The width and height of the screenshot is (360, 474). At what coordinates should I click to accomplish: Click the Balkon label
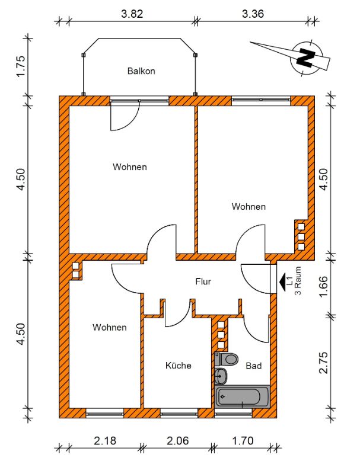tap(141, 71)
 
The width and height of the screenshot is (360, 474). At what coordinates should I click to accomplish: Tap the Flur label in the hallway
tap(203, 282)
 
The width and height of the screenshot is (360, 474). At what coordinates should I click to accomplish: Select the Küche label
tap(178, 366)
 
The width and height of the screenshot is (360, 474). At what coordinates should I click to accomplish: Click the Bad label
tap(253, 366)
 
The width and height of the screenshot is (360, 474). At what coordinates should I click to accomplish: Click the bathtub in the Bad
tap(242, 396)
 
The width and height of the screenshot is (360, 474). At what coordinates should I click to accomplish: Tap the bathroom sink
tap(221, 376)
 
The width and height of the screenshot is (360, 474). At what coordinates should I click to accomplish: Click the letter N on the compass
tap(305, 57)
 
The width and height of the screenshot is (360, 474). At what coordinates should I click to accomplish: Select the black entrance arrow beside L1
tap(282, 282)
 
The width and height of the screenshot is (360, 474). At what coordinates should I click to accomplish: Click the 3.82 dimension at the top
tap(132, 14)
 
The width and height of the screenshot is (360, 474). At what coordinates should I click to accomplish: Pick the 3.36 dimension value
tap(253, 14)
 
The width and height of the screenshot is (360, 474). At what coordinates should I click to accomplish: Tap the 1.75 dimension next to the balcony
tap(20, 66)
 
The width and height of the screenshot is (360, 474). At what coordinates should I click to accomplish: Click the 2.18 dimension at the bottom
tap(105, 441)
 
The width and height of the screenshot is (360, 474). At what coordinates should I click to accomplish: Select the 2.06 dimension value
tap(177, 441)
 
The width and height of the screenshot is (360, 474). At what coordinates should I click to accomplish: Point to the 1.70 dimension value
tap(243, 441)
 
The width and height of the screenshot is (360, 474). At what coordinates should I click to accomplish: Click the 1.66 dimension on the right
tap(323, 286)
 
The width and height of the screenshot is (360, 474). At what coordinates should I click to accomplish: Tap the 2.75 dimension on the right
tap(323, 363)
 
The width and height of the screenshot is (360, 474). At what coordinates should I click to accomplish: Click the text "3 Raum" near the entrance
tap(298, 280)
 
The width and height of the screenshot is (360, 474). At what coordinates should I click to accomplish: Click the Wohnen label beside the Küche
tap(110, 328)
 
